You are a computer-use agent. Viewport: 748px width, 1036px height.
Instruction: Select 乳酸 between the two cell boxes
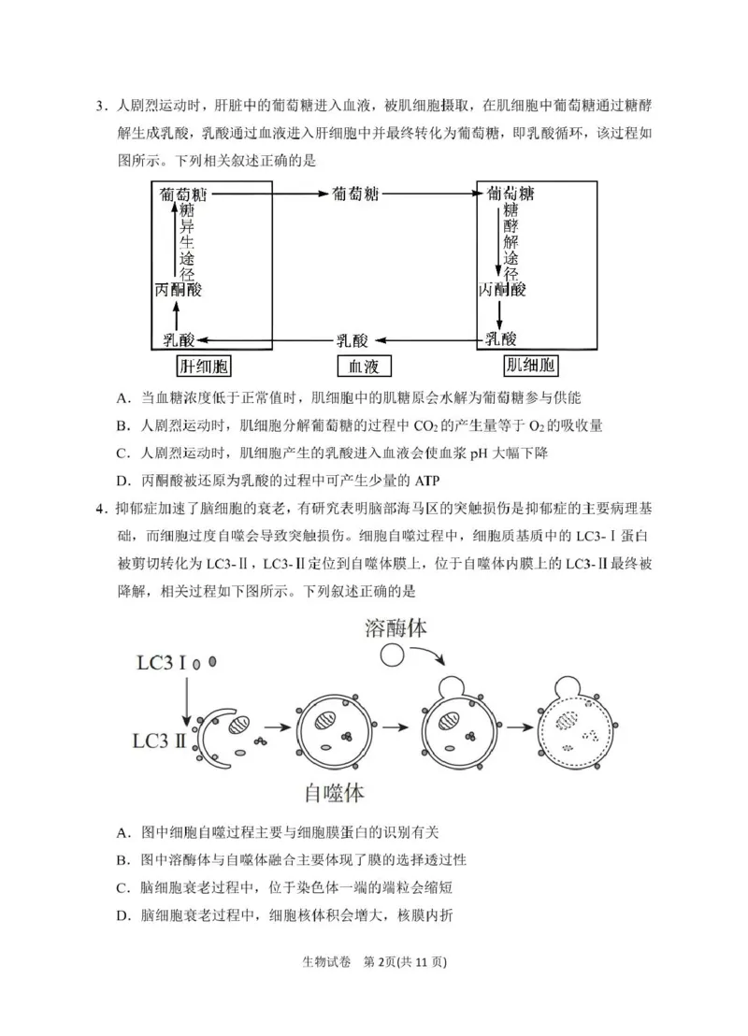click(x=352, y=338)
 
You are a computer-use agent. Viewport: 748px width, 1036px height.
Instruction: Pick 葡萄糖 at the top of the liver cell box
click(x=183, y=194)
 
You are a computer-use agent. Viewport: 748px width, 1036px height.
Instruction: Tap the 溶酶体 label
click(x=396, y=627)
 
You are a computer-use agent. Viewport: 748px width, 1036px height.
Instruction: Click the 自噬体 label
click(x=334, y=793)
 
